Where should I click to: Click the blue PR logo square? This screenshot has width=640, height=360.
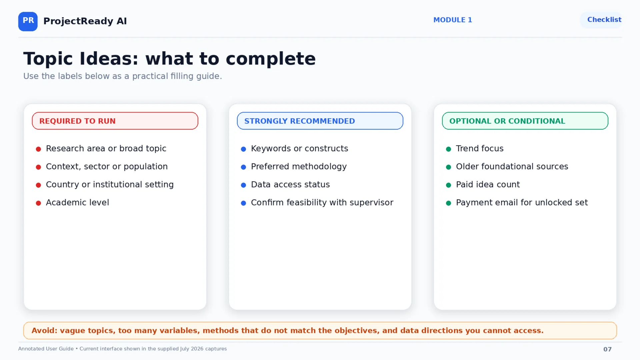28,21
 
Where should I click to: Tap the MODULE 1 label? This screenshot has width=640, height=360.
453,20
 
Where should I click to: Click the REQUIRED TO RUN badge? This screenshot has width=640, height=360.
115,121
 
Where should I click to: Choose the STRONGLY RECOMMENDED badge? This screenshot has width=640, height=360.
320,121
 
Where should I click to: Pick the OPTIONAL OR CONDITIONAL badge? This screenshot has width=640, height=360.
525,121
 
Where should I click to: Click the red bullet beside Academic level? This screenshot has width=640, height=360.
38,203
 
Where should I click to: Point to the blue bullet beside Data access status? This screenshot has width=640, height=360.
243,185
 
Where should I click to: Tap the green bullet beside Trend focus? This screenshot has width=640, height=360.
448,149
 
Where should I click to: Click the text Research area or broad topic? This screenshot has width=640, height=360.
106,149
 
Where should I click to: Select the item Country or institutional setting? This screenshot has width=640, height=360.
110,185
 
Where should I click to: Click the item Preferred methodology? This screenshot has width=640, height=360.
299,167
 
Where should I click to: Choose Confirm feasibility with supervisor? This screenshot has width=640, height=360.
322,203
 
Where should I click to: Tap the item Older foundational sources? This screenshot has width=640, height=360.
512,167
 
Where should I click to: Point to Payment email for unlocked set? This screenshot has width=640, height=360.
522,203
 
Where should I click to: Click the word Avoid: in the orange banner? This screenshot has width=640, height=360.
44,331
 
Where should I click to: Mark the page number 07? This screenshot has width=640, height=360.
607,349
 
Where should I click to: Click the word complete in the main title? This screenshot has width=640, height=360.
270,59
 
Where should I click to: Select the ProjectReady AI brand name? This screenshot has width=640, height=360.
85,21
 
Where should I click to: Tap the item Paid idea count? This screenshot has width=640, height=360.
488,185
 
